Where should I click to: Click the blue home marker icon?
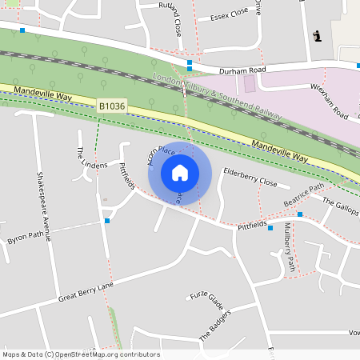click(180, 173)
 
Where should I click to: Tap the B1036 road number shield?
click(112, 106)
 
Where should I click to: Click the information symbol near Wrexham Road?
click(318, 36)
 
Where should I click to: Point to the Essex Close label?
click(229, 16)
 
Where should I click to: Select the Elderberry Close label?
click(250, 177)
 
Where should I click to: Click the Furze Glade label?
click(206, 300)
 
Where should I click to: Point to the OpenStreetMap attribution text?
click(81, 354)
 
